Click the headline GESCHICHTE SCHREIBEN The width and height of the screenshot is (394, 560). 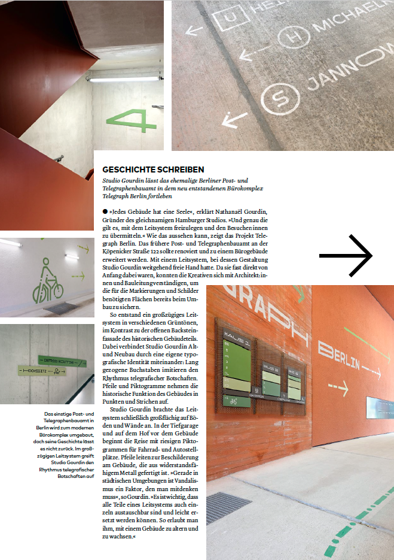tap(153, 169)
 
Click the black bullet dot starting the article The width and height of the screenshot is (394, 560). tap(105, 211)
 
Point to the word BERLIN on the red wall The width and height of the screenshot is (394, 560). tap(339, 356)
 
